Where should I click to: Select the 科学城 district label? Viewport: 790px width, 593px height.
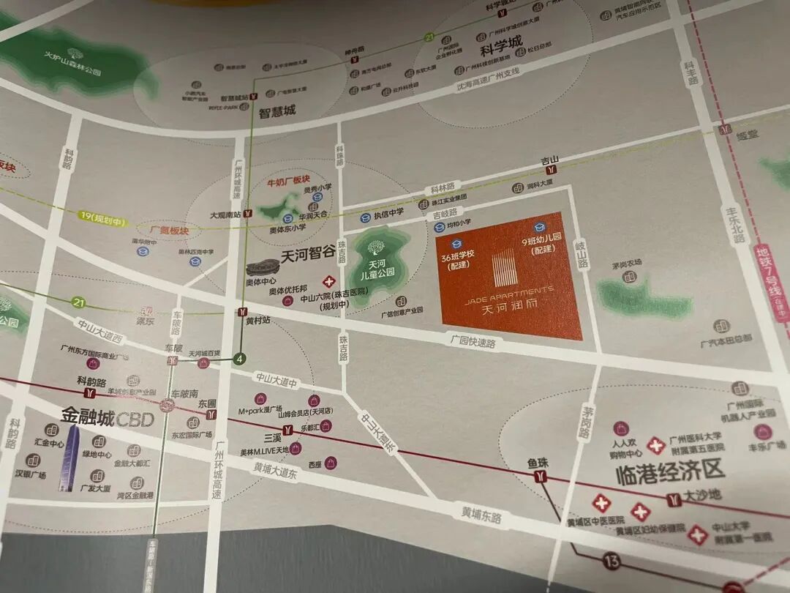[x=501, y=51]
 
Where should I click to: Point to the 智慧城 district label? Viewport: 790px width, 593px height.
[x=277, y=112]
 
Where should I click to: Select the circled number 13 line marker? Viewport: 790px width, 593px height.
[x=611, y=562]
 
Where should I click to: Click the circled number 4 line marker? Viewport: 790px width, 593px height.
[x=238, y=359]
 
